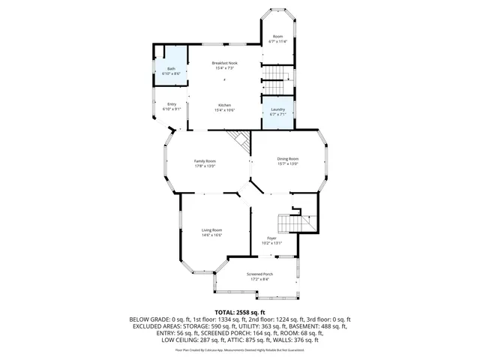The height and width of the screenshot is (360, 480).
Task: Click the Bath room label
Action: (171, 69)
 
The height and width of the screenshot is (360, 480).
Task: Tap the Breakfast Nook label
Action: (224, 63)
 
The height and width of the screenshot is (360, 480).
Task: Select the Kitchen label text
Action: (225, 105)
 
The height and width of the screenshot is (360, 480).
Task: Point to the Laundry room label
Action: (277, 109)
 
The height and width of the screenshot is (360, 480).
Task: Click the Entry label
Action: (172, 104)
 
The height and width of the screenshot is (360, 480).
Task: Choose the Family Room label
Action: (205, 161)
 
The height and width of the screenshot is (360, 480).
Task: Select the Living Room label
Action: (211, 230)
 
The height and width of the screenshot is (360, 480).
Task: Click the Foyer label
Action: (271, 238)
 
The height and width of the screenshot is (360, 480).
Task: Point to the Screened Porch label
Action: (259, 274)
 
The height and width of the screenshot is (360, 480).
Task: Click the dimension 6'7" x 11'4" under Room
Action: (277, 42)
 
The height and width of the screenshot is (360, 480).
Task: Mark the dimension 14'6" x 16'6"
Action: (211, 235)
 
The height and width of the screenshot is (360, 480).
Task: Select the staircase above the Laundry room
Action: (274, 86)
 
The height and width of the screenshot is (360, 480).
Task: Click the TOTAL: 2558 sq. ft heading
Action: (240, 311)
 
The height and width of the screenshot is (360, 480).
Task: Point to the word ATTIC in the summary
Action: (238, 333)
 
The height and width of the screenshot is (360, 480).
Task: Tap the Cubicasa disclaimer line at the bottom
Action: (240, 349)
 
